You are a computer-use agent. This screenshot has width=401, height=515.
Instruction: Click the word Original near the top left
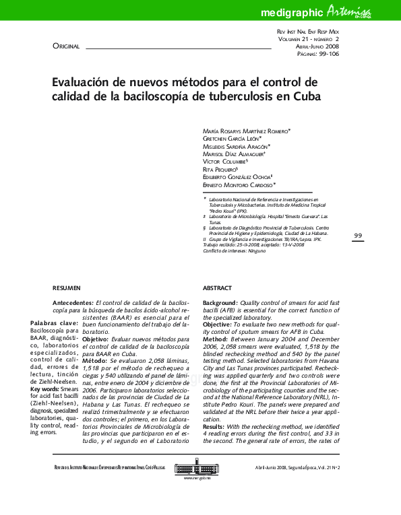tap(66, 46)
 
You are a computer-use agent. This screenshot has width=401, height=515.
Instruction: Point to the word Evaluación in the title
tap(81, 81)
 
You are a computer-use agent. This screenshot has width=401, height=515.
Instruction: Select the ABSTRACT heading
tap(217, 287)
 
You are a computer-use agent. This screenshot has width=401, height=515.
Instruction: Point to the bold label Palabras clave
tap(54, 323)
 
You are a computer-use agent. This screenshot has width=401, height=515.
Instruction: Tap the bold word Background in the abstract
tap(219, 304)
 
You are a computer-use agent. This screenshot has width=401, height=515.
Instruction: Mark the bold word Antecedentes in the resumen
tap(73, 304)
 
